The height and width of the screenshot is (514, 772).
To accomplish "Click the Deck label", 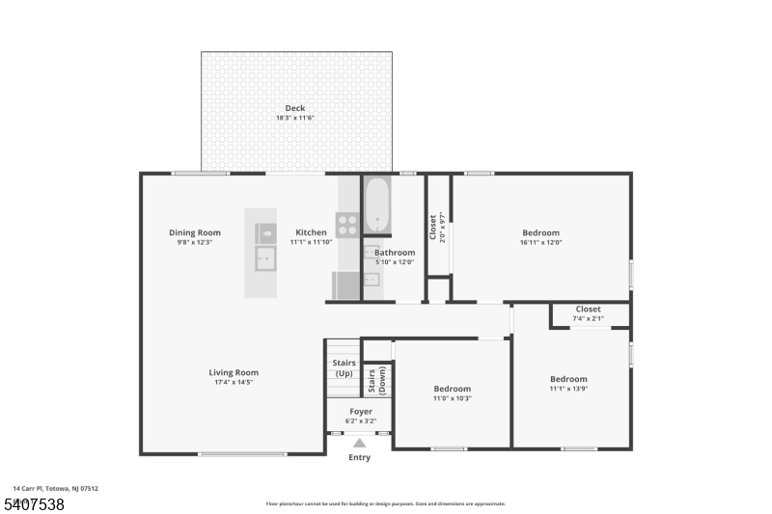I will point(295,107).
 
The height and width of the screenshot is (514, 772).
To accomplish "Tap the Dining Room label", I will point(195,232).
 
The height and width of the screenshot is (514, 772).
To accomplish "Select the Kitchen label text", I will point(311,232).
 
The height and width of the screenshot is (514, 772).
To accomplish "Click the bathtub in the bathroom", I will point(376,204).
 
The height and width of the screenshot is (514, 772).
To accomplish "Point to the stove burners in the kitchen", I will point(347,225).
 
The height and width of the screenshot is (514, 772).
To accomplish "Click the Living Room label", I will point(234,372).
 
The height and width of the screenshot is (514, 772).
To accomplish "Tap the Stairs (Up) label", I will point(344,367).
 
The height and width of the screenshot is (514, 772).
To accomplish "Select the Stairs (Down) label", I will point(376,380).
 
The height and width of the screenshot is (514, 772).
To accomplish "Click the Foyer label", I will point(361,411).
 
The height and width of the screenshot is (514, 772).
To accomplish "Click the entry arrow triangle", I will point(359,444).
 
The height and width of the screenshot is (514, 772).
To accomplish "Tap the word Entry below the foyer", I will point(359,458).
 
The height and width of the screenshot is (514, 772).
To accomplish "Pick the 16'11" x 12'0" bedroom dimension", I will point(540,242).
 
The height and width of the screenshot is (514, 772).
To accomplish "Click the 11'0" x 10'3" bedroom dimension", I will point(452,398).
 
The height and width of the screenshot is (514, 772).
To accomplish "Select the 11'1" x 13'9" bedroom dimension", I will point(568,389).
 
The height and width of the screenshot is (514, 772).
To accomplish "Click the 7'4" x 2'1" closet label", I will point(588,318).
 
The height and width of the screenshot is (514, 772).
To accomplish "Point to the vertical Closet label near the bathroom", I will point(432,228).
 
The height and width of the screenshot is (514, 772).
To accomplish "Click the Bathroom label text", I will point(395,253).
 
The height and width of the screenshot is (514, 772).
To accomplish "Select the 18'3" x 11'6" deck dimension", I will point(295,118).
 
